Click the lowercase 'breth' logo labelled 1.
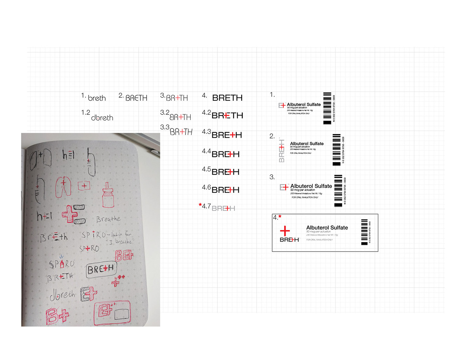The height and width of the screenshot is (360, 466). click(x=97, y=98)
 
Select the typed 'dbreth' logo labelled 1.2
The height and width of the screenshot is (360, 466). click(x=102, y=118)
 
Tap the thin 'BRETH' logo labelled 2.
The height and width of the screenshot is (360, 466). click(x=136, y=98)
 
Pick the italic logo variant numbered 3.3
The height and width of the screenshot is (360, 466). click(x=181, y=132)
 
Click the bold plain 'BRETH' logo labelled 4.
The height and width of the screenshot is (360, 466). click(x=227, y=98)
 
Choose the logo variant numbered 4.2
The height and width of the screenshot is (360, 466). click(x=227, y=115)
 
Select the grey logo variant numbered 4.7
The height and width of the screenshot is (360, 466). click(x=223, y=209)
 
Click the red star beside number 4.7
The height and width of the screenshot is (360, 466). click(x=200, y=205)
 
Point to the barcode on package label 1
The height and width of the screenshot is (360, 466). click(x=327, y=108)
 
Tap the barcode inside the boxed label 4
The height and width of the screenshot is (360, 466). click(x=364, y=232)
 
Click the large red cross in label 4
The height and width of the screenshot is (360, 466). click(x=285, y=230)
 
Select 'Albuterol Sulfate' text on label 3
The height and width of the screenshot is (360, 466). click(x=311, y=186)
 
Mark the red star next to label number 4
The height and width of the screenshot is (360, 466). click(x=280, y=216)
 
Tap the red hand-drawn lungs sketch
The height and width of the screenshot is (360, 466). click(x=63, y=187)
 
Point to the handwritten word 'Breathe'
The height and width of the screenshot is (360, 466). click(x=108, y=219)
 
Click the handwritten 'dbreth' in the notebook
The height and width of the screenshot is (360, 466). click(x=62, y=294)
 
